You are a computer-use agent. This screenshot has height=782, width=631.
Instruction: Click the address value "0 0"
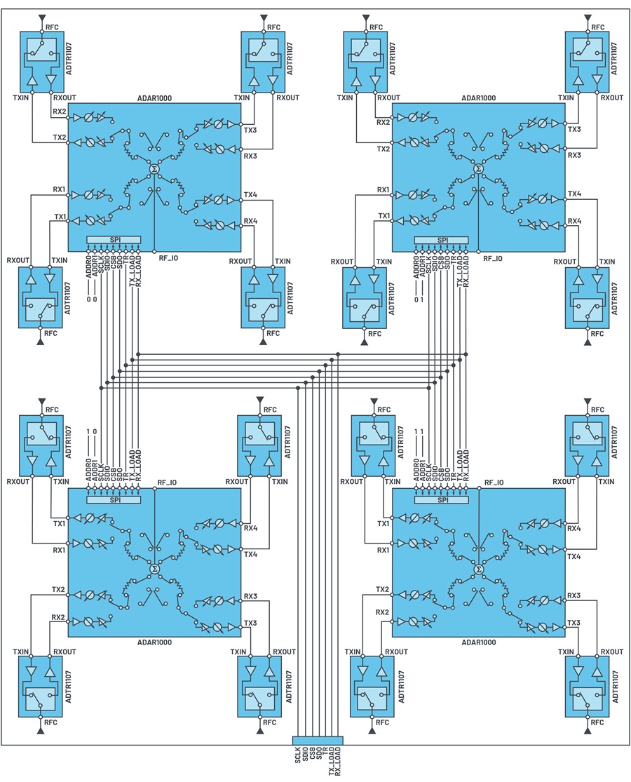(91, 299)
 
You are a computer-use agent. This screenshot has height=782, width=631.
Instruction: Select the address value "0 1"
(419, 299)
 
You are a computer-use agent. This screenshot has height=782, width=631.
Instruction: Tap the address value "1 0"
(91, 431)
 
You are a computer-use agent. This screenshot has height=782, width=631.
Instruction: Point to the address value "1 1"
(419, 431)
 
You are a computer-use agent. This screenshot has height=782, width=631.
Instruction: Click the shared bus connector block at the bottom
(318, 740)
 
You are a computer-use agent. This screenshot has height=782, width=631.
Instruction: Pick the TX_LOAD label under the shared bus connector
(332, 761)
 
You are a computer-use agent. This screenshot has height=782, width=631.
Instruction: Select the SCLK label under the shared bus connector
(298, 755)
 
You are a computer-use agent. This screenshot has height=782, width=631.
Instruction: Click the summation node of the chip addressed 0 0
(154, 170)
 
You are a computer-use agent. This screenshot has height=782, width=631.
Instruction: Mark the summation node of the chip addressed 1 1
(478, 569)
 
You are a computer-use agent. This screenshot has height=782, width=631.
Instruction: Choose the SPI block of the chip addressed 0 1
(442, 240)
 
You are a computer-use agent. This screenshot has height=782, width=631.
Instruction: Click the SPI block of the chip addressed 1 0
(114, 500)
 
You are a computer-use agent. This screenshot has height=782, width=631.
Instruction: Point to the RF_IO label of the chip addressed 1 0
(167, 483)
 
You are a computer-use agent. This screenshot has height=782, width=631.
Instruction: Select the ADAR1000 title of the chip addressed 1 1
(478, 642)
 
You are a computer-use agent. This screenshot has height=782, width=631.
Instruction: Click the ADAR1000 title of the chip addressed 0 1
(478, 97)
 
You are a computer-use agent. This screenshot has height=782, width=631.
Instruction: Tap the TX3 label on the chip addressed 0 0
(250, 130)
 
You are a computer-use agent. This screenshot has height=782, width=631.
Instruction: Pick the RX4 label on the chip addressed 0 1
(575, 220)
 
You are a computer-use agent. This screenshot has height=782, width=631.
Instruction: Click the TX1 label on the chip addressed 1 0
(60, 524)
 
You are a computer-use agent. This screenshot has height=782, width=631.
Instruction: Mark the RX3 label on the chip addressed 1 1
(574, 595)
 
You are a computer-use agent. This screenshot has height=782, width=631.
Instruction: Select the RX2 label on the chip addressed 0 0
(60, 112)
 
